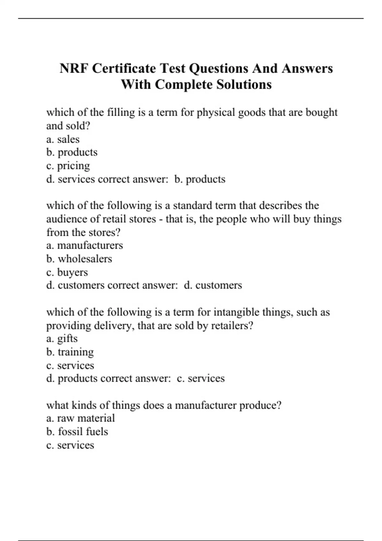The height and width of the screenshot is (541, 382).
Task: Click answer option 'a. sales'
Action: click(x=63, y=139)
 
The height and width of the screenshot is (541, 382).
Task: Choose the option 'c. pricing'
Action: click(x=68, y=166)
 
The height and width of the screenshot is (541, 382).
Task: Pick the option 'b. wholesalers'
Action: click(x=79, y=259)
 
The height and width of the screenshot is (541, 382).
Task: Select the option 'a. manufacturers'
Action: click(x=84, y=245)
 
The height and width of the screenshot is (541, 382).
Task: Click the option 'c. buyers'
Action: click(x=67, y=272)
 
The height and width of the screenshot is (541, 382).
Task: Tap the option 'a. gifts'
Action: click(x=62, y=339)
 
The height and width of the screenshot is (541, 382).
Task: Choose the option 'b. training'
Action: click(x=70, y=352)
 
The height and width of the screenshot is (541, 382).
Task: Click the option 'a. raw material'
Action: click(x=80, y=418)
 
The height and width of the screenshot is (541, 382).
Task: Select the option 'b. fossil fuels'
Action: click(x=77, y=432)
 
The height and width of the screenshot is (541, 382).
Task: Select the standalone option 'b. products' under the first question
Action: click(x=72, y=152)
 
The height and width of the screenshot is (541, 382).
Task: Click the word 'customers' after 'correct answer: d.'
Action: click(x=218, y=285)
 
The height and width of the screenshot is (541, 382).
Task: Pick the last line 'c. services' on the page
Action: click(x=70, y=445)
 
